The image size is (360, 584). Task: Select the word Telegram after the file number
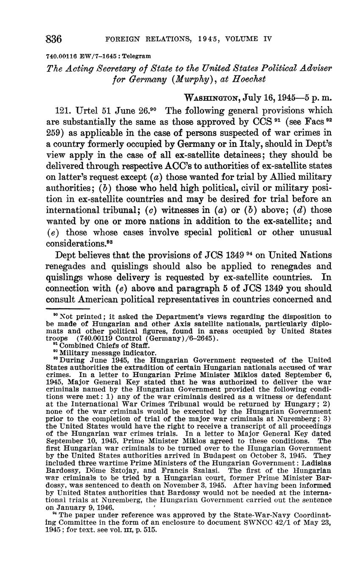(136, 56)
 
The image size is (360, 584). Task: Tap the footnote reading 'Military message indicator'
(95, 352)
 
